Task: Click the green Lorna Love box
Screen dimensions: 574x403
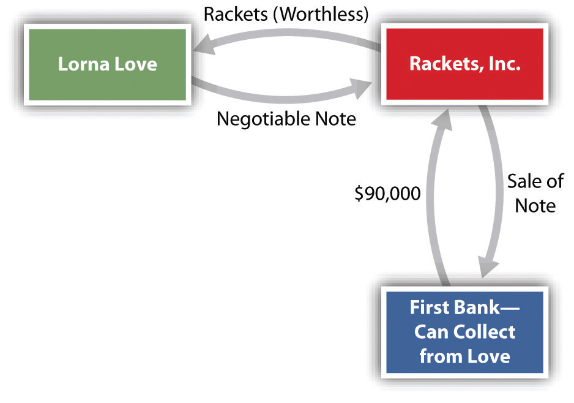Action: tap(107, 64)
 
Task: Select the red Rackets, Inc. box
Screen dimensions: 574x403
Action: tap(464, 64)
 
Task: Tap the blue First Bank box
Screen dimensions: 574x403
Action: tap(464, 333)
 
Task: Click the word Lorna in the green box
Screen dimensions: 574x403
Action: tap(84, 64)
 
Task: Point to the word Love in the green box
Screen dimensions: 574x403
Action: tap(136, 64)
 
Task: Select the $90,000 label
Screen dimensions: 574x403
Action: tap(388, 193)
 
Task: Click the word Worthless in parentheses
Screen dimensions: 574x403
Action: tap(324, 15)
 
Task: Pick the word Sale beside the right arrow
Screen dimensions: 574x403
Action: tap(522, 181)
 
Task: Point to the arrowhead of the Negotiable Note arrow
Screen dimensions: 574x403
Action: tap(360, 88)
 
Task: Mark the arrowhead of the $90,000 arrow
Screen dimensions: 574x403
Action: tap(441, 119)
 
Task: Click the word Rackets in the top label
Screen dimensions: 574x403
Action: tap(236, 15)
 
